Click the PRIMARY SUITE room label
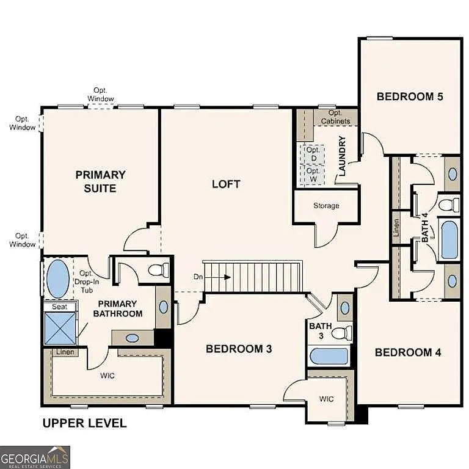(x=100, y=181)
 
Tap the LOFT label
(x=226, y=184)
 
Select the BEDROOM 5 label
(x=409, y=96)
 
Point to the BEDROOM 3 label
(x=238, y=349)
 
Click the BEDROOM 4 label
(x=408, y=352)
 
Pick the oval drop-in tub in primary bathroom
(x=58, y=278)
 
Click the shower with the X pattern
(x=59, y=329)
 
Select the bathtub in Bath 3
(x=329, y=356)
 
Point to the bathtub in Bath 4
(x=449, y=240)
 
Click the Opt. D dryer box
(x=313, y=154)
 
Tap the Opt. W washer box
(x=313, y=175)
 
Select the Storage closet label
(x=326, y=206)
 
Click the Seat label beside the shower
(x=59, y=307)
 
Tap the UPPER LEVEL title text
(x=84, y=423)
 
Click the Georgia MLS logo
(x=35, y=457)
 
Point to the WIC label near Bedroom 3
(x=327, y=399)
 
